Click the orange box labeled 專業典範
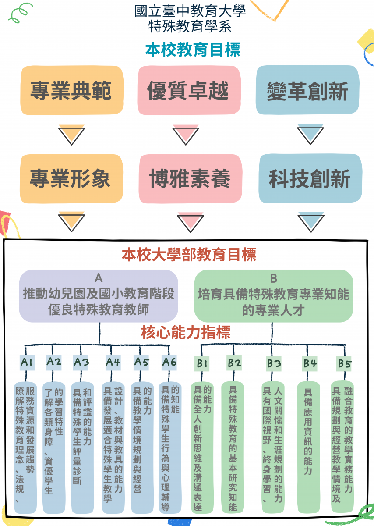coord(71,90)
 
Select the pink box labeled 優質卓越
coord(188,90)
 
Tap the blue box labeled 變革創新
coord(307,90)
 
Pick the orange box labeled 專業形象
coord(71,179)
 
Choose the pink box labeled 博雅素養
coord(190,179)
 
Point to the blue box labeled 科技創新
coord(310,179)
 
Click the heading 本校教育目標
coord(193,50)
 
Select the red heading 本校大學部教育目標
coord(189,254)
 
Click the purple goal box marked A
coord(99,296)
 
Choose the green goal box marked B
coord(274,296)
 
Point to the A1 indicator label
coord(27,362)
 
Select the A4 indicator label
coord(113,362)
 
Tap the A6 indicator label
coord(169,362)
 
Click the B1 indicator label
coord(202,363)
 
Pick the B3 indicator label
coord(274,363)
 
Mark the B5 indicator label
coord(345,363)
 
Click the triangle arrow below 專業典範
coord(71,135)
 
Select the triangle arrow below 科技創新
coord(310,222)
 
